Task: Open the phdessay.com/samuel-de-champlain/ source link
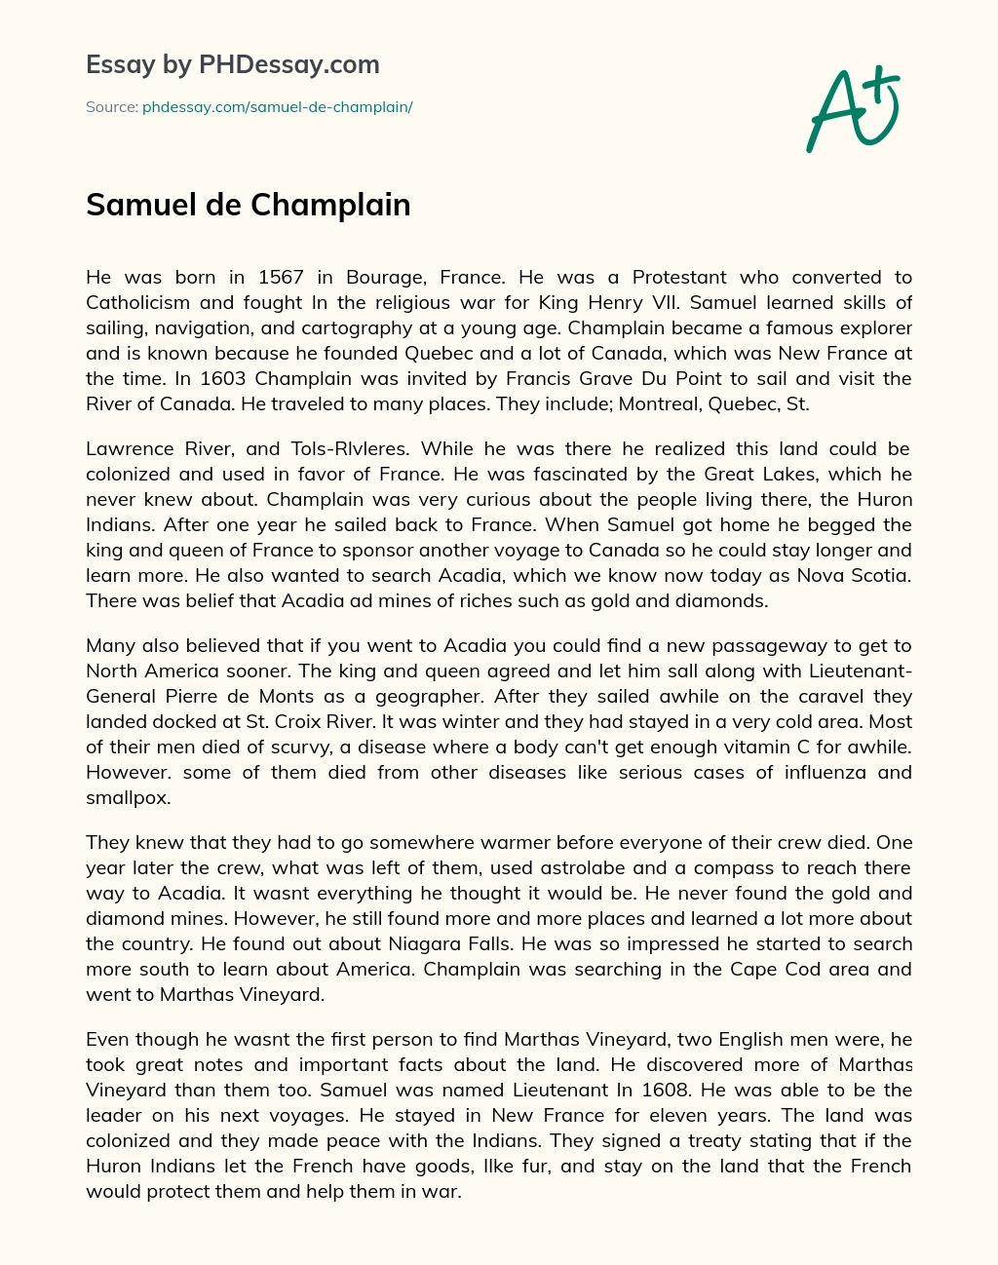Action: (x=278, y=107)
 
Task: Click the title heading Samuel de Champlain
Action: (x=249, y=205)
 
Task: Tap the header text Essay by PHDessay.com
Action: (x=232, y=65)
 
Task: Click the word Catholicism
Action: (x=142, y=302)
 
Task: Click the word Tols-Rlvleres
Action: (x=344, y=448)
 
